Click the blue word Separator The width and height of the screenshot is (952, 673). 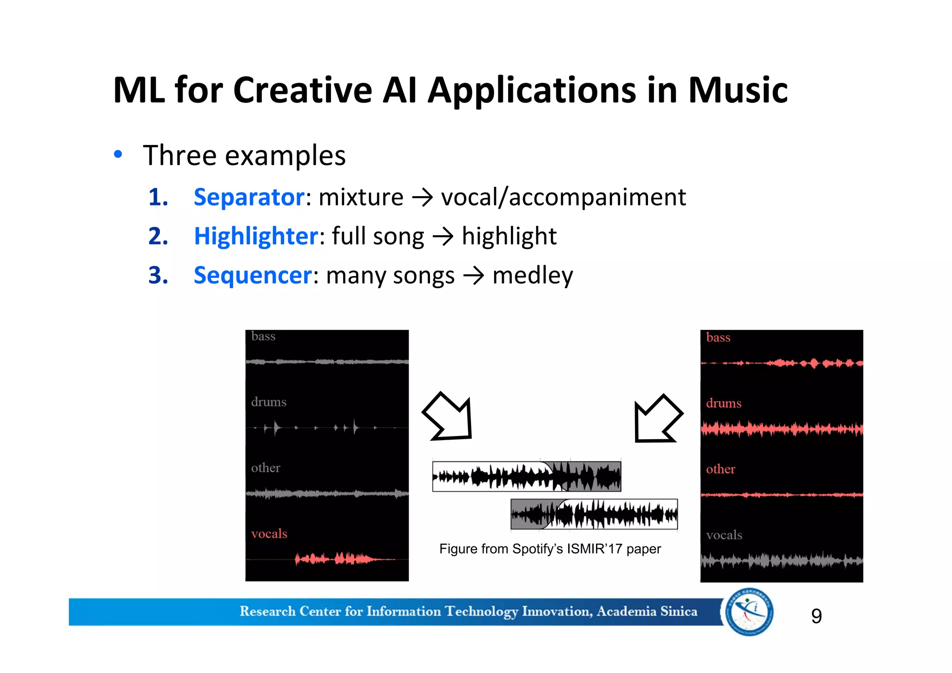249,197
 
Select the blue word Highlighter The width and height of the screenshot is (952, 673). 256,236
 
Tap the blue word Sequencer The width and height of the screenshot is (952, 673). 253,275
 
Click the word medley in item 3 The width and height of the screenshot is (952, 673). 532,275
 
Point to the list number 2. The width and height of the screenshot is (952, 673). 158,236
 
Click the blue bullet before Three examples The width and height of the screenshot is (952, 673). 118,154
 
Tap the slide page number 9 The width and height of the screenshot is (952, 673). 816,616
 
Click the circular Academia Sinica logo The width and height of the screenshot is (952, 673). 749,612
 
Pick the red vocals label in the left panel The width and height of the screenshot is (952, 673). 269,534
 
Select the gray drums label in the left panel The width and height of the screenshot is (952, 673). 269,402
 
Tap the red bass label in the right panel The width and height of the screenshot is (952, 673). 718,337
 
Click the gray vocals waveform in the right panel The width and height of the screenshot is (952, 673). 781,561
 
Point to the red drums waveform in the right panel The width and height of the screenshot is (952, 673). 781,429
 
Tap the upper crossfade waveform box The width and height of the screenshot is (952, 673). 526,476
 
